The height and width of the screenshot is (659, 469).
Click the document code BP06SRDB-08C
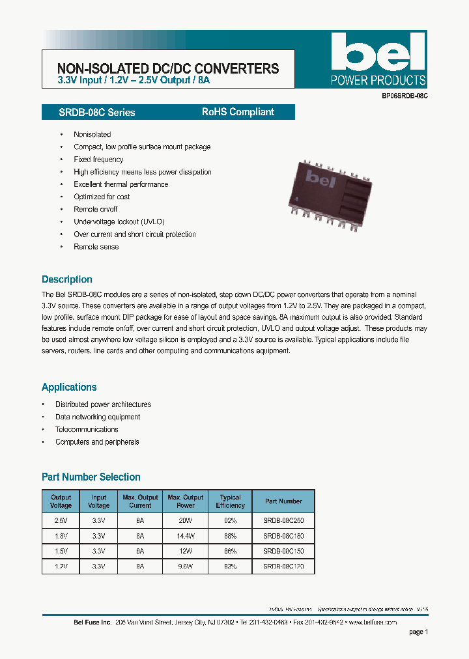[405, 96]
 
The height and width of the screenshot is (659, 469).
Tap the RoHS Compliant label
[238, 112]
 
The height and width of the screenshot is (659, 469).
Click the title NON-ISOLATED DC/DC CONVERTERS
[168, 68]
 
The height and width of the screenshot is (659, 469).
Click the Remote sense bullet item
[96, 247]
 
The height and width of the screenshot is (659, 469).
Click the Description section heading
[67, 279]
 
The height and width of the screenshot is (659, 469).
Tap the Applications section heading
[69, 387]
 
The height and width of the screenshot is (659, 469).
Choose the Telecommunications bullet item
[87, 429]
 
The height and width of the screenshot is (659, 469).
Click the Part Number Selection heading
[91, 477]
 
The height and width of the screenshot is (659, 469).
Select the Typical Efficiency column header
[230, 501]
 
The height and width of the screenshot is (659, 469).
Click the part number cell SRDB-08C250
[283, 520]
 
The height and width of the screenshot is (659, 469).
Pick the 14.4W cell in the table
[186, 536]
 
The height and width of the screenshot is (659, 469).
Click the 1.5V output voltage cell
[61, 552]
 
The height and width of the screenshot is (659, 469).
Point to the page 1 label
[418, 632]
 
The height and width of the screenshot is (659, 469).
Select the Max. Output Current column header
[140, 501]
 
